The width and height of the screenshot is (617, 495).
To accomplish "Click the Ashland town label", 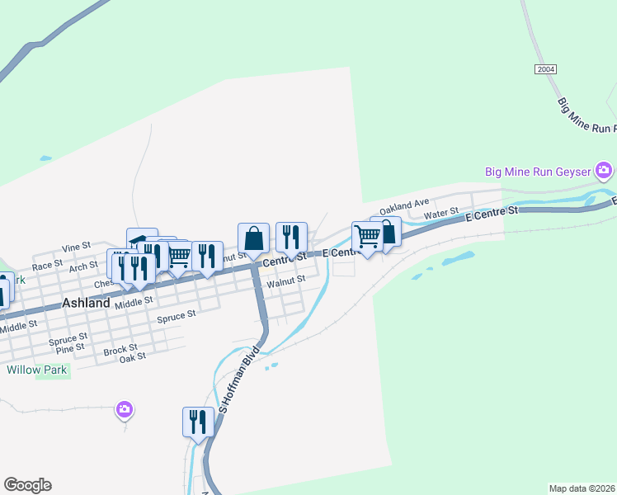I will click(86, 303).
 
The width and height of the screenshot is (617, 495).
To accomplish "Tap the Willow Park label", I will click(37, 370).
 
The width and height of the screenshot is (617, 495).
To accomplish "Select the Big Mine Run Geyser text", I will click(538, 172).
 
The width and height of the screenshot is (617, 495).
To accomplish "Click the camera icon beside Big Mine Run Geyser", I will click(604, 171).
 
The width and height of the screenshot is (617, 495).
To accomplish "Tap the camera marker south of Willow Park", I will click(125, 409).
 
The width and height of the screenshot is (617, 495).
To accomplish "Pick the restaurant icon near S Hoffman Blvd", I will click(198, 422).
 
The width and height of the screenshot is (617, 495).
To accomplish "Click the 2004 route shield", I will click(545, 69).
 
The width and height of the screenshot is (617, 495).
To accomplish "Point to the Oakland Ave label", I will click(405, 204).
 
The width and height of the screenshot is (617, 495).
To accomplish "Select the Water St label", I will click(440, 214).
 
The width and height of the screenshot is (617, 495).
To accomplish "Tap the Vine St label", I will click(76, 247).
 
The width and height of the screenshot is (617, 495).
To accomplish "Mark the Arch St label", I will click(84, 266).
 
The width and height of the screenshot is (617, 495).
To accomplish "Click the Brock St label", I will click(120, 350).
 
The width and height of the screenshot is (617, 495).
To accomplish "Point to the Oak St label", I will click(133, 357).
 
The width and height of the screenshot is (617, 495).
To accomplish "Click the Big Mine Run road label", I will click(586, 117).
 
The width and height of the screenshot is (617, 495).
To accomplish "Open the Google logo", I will click(27, 485).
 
